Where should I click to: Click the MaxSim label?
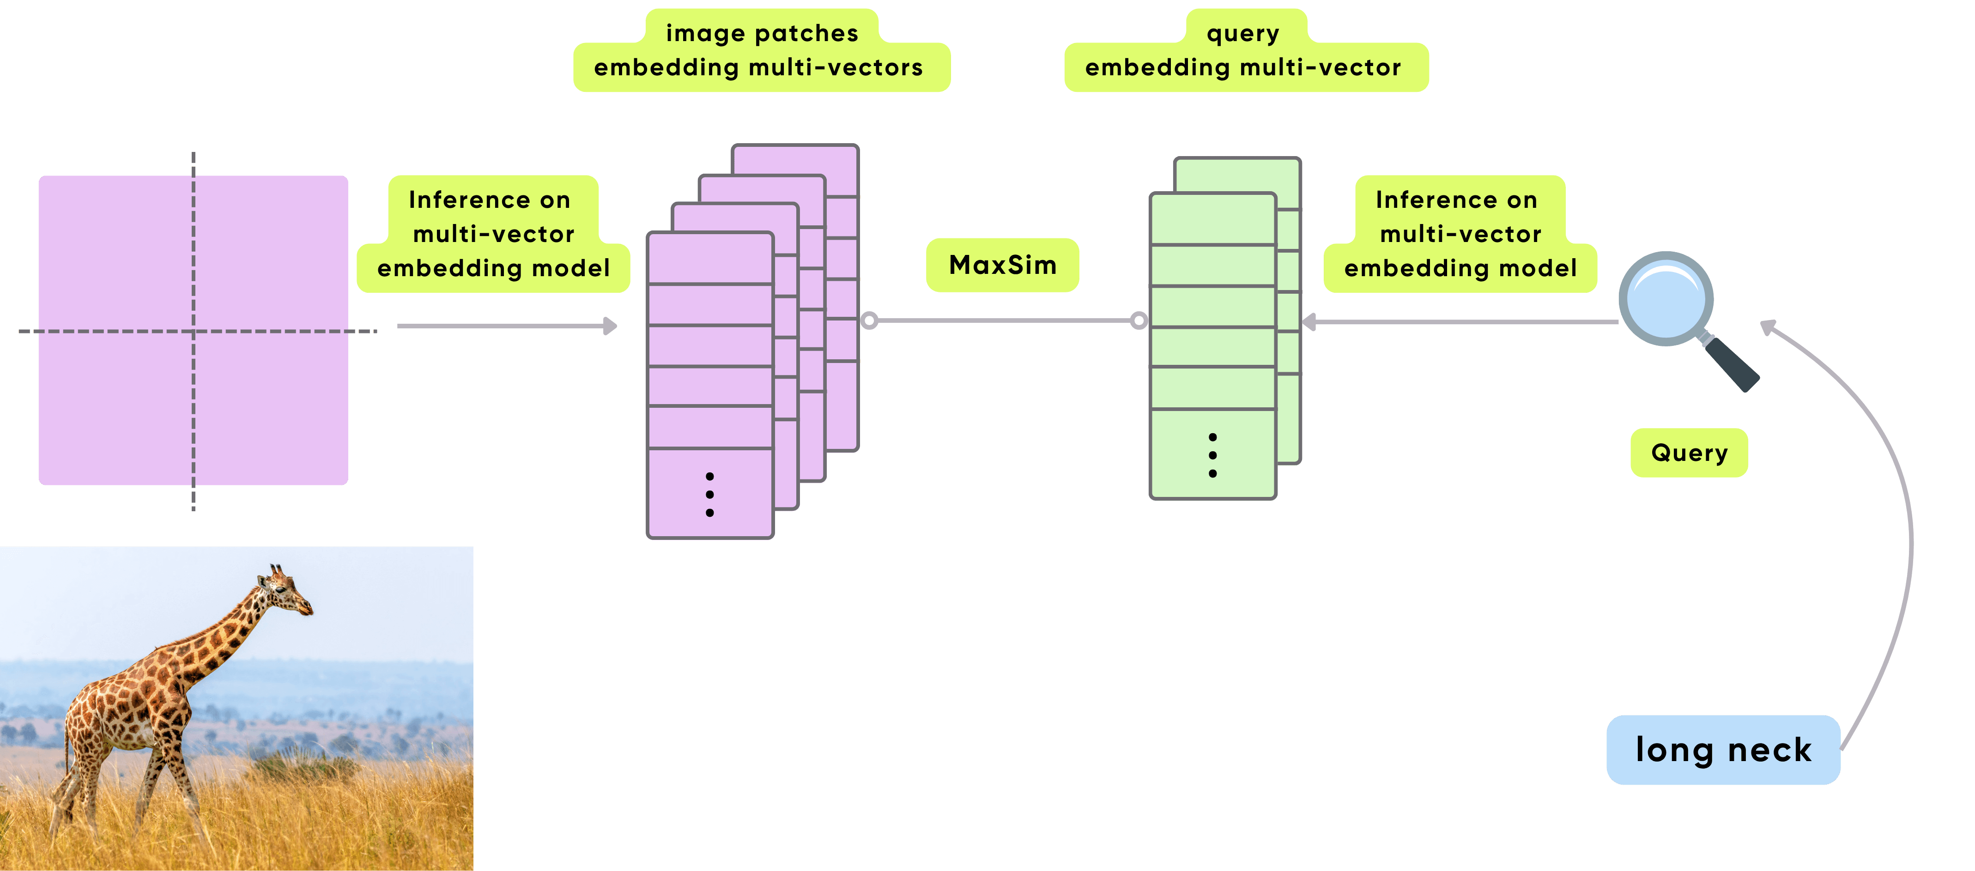[1002, 265]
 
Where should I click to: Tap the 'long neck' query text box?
[1723, 750]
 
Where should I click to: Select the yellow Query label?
[1689, 453]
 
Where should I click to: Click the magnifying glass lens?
[1665, 299]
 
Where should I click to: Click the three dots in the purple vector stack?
[710, 495]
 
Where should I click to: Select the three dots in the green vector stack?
[1212, 455]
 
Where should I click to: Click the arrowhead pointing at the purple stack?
[611, 326]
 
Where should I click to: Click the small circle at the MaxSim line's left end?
[869, 321]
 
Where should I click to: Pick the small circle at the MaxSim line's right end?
[1139, 321]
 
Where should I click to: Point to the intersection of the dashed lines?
[193, 331]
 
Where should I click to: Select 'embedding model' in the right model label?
[1460, 268]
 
